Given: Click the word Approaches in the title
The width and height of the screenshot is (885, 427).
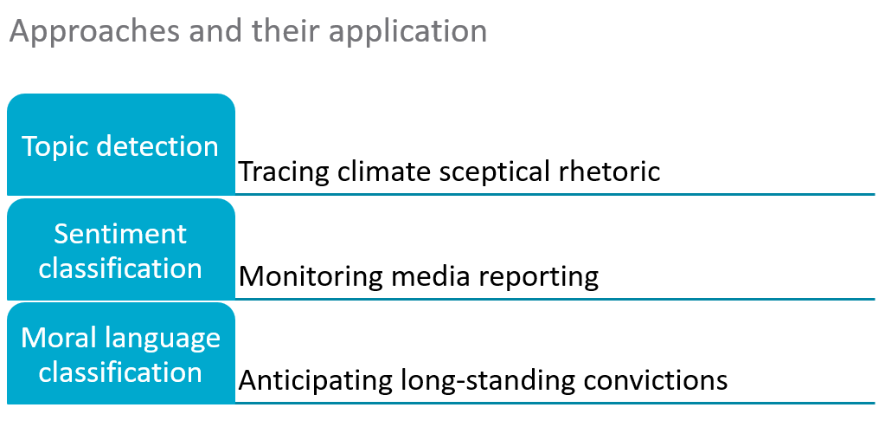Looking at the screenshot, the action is point(94,32).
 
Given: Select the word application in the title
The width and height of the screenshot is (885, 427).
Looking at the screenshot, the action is point(408,32).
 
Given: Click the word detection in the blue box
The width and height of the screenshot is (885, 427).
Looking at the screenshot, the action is point(157,146).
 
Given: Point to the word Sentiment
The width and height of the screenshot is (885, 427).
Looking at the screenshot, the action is point(120,233).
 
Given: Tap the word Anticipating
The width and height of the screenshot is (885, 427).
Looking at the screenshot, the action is point(316,381).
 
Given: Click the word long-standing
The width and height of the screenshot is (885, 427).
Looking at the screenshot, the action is point(488,381).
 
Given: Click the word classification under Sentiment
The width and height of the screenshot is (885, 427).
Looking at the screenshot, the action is point(120,268).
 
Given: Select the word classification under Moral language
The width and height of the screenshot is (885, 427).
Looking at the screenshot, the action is point(120,372).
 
